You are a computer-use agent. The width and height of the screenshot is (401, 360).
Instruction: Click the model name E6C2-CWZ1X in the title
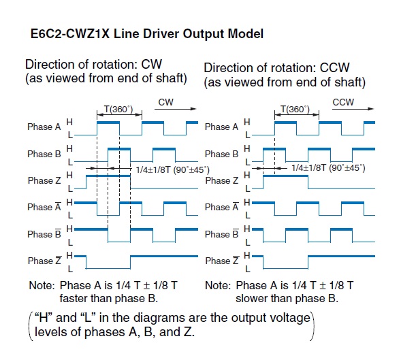pyautogui.click(x=70, y=34)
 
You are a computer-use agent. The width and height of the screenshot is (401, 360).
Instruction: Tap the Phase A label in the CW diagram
pyautogui.click(x=44, y=127)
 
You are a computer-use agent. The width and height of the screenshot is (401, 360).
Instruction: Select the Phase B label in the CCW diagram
pyautogui.click(x=221, y=154)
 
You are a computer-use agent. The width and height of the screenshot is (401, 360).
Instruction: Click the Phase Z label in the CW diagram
pyautogui.click(x=44, y=180)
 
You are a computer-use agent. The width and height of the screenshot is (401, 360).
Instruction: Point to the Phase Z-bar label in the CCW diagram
pyautogui.click(x=223, y=260)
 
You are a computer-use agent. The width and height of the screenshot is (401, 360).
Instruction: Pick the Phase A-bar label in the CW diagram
pyautogui.click(x=44, y=207)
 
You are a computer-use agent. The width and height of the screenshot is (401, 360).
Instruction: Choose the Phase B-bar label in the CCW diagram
pyautogui.click(x=222, y=233)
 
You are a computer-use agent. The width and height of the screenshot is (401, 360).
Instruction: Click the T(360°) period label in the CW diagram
pyautogui.click(x=118, y=110)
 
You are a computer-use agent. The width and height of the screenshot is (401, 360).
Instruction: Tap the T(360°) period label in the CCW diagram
pyautogui.click(x=295, y=110)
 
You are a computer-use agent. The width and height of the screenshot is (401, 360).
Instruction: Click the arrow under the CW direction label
pyautogui.click(x=175, y=109)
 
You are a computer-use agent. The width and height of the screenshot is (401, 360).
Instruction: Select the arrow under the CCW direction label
pyautogui.click(x=353, y=109)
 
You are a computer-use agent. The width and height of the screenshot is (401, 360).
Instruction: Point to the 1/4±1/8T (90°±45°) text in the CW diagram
pyautogui.click(x=173, y=169)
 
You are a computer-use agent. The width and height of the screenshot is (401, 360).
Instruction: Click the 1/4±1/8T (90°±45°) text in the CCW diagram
pyautogui.click(x=328, y=168)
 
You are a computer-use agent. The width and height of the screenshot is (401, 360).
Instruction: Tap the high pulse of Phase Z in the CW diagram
pyautogui.click(x=108, y=176)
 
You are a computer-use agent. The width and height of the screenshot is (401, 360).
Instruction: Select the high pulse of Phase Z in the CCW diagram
pyautogui.click(x=285, y=176)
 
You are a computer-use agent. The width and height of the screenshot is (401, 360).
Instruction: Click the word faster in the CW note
pyautogui.click(x=76, y=298)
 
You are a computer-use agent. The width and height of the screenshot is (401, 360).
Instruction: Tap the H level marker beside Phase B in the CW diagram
pyautogui.click(x=69, y=148)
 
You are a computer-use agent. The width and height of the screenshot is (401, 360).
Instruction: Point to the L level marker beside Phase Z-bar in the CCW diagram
pyautogui.click(x=248, y=269)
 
